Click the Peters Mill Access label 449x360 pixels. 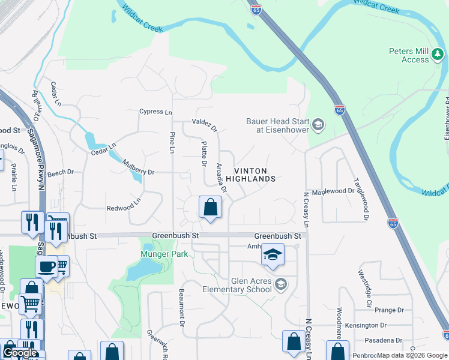[409, 55]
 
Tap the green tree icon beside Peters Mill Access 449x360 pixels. [438, 55]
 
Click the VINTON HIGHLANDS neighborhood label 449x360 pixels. [250, 175]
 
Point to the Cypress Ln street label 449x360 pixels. [155, 112]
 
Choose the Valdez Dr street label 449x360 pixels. [204, 124]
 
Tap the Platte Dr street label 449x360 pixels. [204, 154]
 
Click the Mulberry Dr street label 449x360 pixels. [138, 167]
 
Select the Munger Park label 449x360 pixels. [164, 254]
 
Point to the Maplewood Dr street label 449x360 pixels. [337, 191]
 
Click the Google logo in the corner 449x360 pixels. [20, 353]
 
